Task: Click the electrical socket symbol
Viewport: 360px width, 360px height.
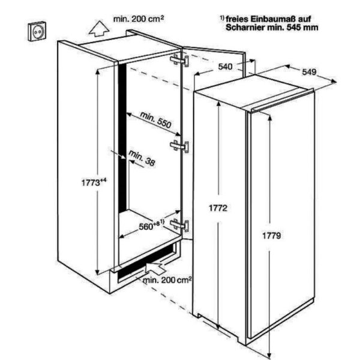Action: click(x=37, y=31)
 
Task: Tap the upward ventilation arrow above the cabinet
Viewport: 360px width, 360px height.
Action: click(x=99, y=29)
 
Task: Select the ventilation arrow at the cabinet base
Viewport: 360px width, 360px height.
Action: click(x=155, y=268)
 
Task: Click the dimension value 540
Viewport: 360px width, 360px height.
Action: click(x=225, y=67)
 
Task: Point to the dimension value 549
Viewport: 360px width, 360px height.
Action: click(x=309, y=72)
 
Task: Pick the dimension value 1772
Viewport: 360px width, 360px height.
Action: click(x=218, y=208)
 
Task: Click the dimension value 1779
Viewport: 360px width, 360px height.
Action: click(x=272, y=236)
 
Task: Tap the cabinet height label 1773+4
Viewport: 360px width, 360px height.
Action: click(x=94, y=182)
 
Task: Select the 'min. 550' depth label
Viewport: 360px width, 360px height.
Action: click(x=155, y=120)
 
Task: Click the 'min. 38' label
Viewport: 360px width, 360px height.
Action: click(x=142, y=158)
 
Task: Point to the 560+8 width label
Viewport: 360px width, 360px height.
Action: click(x=152, y=226)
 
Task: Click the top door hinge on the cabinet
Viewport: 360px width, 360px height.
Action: click(x=179, y=60)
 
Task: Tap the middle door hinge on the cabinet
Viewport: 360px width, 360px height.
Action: click(x=179, y=146)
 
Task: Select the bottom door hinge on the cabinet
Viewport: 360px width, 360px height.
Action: click(x=179, y=225)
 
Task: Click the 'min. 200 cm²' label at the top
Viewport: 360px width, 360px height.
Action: click(x=139, y=19)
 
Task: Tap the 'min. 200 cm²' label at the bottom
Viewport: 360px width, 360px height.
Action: click(x=167, y=280)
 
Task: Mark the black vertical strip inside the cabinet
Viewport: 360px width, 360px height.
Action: click(x=122, y=138)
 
